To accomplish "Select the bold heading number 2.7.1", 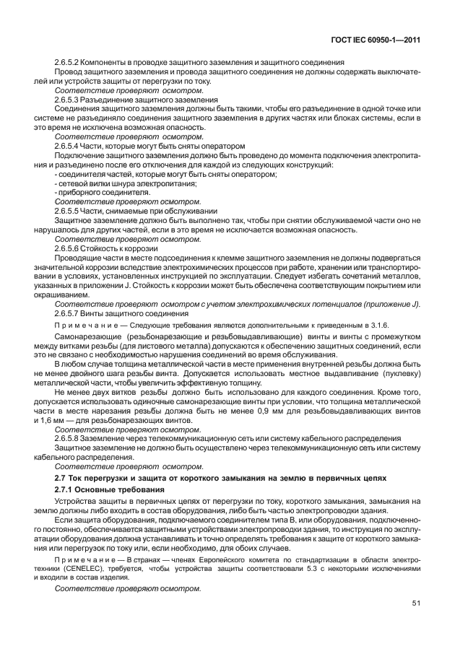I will pyautogui.click(x=66, y=489).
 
